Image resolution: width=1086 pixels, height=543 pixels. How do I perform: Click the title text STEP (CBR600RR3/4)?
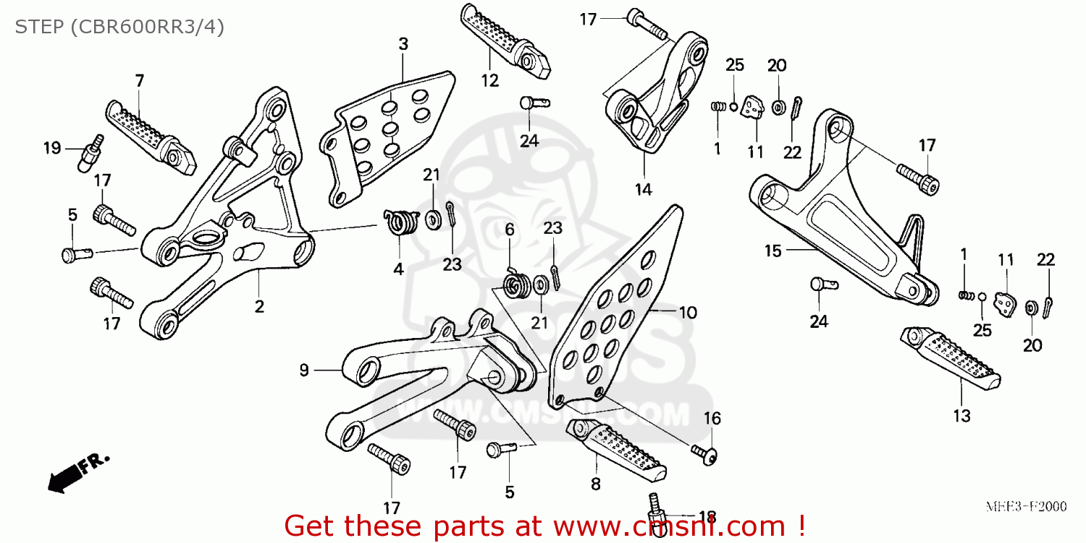119,27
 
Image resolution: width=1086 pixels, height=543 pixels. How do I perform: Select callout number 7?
139,80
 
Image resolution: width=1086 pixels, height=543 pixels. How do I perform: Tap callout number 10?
687,313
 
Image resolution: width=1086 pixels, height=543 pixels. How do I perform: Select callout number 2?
258,306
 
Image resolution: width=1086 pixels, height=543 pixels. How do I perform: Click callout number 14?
643,190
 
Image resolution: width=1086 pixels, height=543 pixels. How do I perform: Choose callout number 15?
773,251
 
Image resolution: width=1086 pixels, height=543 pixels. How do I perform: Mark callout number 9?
304,371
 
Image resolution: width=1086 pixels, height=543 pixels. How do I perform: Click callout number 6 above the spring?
510,230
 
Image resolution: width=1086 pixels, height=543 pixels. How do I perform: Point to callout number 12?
490,80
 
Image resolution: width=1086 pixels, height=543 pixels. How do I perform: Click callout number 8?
595,484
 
